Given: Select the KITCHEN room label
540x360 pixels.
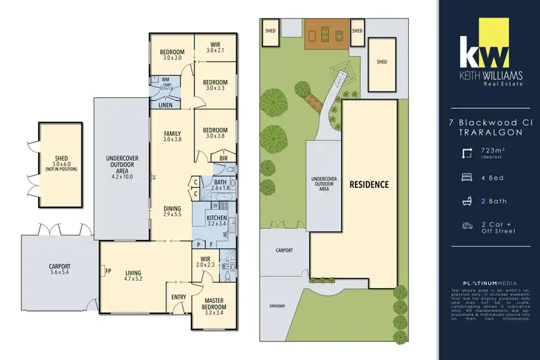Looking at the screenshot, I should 217,218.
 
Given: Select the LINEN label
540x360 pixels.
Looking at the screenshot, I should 166,105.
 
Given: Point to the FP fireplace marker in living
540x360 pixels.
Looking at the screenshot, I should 108,272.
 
